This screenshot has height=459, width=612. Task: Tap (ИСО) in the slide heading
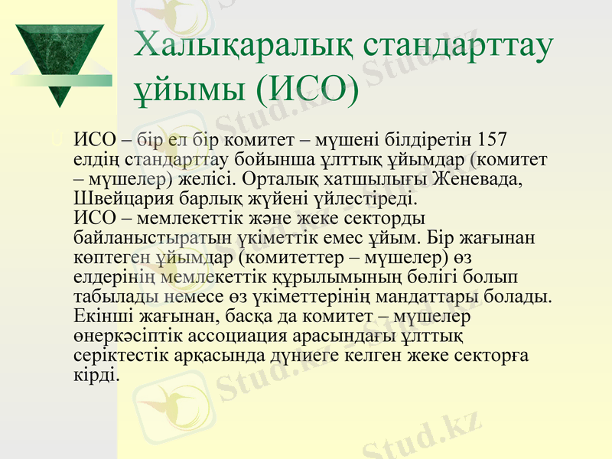tap(307, 90)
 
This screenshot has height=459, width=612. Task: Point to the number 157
tap(491, 141)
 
